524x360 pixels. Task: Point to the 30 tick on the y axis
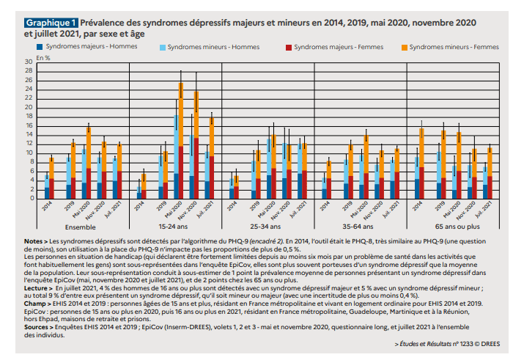(x=29, y=61)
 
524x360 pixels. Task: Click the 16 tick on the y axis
(x=29, y=125)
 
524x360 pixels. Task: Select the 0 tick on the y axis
(x=31, y=198)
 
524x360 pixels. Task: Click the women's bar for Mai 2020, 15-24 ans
(x=181, y=147)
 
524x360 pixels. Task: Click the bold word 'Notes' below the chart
(x=34, y=240)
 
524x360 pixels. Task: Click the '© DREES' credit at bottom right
(x=491, y=344)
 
